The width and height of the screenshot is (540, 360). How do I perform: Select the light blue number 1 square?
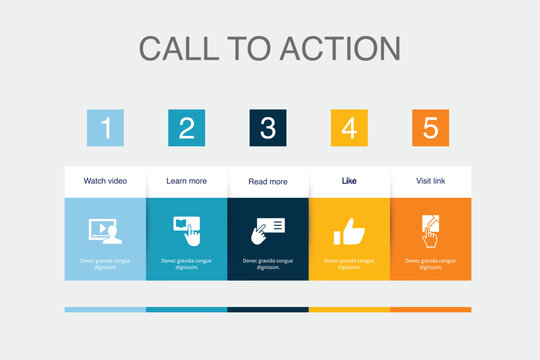pos(105,128)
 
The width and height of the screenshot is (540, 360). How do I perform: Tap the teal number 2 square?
pos(187,128)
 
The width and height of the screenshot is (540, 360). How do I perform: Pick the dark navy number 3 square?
pos(268,128)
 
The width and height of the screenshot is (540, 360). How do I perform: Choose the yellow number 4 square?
pos(349,128)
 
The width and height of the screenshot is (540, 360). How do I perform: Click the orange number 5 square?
pos(430,128)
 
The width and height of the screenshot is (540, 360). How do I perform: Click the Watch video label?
pos(105,181)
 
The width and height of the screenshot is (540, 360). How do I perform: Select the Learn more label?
pos(187,181)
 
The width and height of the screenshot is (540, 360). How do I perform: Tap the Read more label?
pos(268,182)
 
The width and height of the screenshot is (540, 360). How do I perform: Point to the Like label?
pos(349,181)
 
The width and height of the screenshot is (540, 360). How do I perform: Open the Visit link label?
pos(430,181)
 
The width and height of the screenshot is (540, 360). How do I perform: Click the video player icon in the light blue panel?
pos(105,231)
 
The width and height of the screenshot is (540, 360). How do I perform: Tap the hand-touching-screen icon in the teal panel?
pos(187,230)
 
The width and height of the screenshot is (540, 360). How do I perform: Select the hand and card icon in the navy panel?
pos(267,230)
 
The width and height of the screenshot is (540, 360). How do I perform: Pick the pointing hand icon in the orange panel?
pos(430,230)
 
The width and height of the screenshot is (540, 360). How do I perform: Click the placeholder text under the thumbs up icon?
pos(349,264)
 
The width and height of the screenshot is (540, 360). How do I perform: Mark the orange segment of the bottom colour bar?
pos(430,309)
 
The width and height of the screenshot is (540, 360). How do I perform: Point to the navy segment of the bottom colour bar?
pos(268,309)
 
